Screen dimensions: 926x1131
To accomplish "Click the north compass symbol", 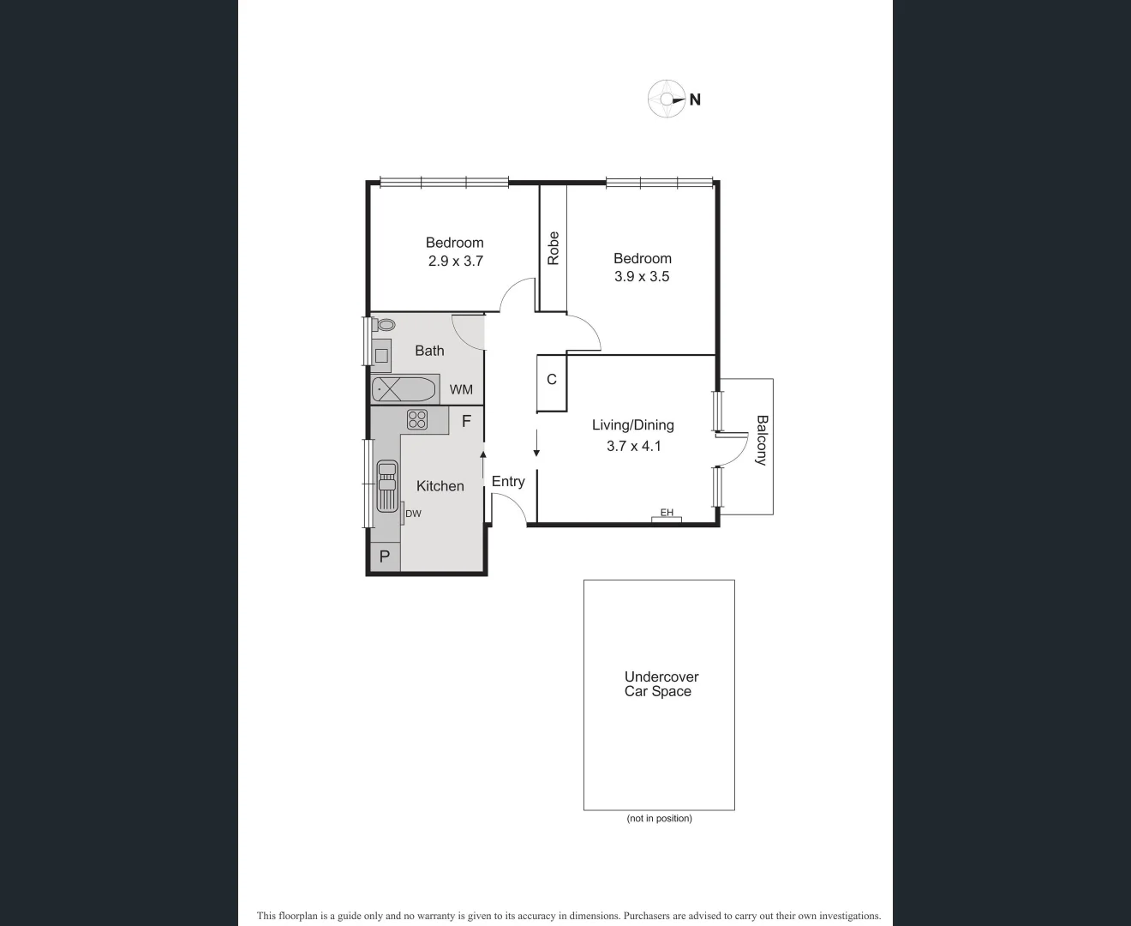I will (x=666, y=99).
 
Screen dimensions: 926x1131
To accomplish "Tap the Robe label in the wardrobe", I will (x=554, y=248).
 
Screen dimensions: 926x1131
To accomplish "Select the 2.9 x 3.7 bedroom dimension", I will (x=455, y=261).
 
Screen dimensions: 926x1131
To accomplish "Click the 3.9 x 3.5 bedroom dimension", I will (x=642, y=276).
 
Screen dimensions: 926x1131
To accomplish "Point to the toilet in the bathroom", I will (x=385, y=325).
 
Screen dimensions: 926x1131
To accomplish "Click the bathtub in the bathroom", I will (x=404, y=390).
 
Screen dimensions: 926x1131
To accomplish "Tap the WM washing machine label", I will (x=461, y=389).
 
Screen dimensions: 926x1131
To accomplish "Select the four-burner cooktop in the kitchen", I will (x=417, y=419).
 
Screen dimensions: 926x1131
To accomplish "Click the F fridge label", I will (x=467, y=421).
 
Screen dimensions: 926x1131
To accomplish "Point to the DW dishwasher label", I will (x=413, y=514).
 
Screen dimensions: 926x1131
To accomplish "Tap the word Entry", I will (x=508, y=481).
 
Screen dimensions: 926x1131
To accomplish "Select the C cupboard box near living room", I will (x=552, y=379).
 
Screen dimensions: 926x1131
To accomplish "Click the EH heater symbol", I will (x=666, y=514).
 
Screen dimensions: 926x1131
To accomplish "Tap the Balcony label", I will (x=761, y=440).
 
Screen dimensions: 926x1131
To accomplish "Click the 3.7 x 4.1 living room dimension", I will (x=633, y=446).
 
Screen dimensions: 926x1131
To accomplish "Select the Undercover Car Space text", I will (x=660, y=684).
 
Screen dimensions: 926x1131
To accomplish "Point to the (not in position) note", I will (x=659, y=818).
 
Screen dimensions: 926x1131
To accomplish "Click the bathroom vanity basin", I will (x=381, y=355).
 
